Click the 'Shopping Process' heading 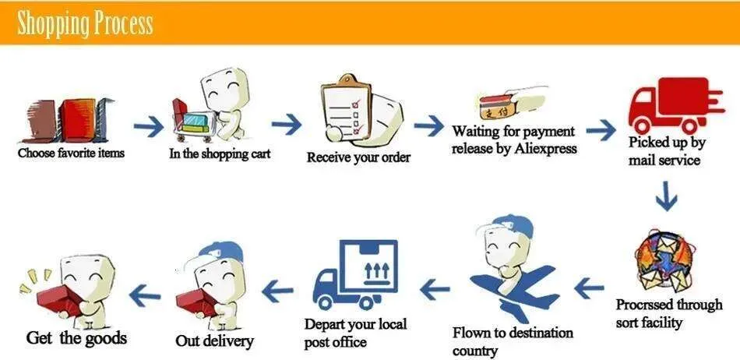(85, 23)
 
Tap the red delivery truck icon (675, 105)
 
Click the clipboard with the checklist (346, 108)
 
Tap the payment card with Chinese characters (495, 107)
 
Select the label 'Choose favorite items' (71, 153)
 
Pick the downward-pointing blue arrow (666, 195)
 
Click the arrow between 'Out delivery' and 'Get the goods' (144, 295)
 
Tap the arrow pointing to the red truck (601, 130)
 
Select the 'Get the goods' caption (76, 338)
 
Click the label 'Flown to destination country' (513, 341)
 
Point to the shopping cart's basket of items (194, 122)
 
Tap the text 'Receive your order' (358, 157)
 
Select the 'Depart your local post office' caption (355, 333)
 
